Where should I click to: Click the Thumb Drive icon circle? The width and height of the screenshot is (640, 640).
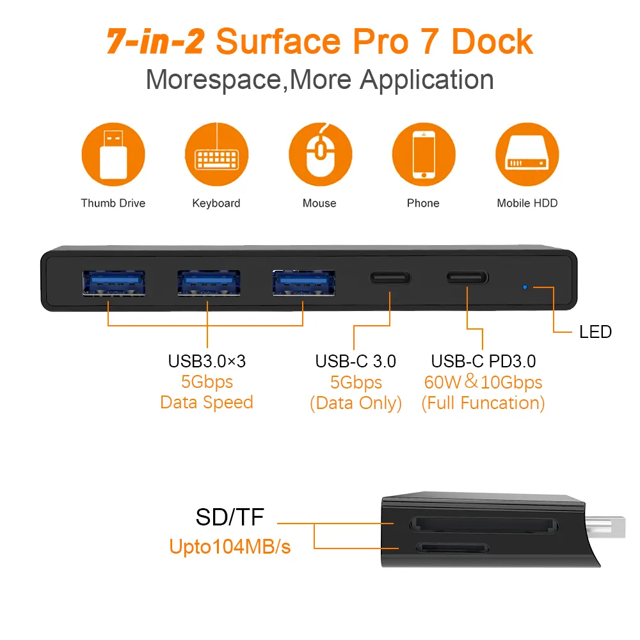click(x=113, y=154)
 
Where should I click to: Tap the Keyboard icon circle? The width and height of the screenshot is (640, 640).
click(x=217, y=154)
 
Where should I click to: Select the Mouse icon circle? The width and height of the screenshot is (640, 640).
click(x=321, y=154)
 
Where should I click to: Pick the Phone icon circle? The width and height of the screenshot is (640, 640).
click(x=424, y=154)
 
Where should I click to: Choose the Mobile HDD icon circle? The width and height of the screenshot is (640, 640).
click(x=527, y=154)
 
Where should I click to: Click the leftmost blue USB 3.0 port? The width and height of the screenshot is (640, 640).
click(x=114, y=283)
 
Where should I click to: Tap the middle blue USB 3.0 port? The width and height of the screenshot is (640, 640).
click(x=209, y=283)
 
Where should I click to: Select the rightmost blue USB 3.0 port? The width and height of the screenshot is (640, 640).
click(x=304, y=283)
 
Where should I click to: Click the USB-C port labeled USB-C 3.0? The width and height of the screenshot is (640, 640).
click(x=390, y=278)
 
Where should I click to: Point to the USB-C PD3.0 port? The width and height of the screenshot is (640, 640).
click(x=467, y=278)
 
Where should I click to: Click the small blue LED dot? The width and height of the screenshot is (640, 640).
click(x=525, y=287)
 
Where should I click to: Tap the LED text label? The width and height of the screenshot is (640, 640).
click(x=595, y=332)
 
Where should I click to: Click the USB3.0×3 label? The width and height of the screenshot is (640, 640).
click(x=207, y=361)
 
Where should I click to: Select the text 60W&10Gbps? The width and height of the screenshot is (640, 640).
click(x=483, y=381)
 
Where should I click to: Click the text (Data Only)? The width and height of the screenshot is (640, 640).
click(x=356, y=403)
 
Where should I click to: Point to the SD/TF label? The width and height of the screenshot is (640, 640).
click(x=230, y=517)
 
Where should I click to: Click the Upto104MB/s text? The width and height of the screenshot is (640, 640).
click(x=230, y=547)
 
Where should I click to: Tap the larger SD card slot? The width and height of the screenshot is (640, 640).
click(x=484, y=525)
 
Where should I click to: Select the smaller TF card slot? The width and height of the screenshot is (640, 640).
click(x=452, y=548)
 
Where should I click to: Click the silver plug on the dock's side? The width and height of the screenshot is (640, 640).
click(x=605, y=527)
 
